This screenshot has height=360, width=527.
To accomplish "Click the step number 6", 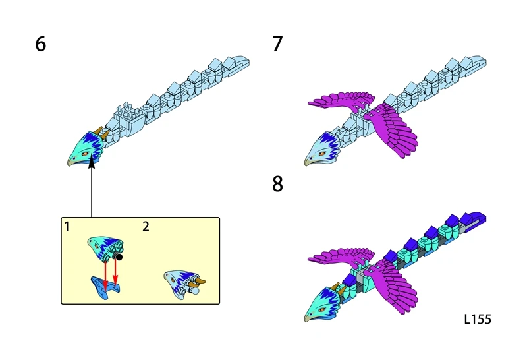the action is tap(41, 45).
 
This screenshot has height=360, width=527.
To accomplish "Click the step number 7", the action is tap(277, 45).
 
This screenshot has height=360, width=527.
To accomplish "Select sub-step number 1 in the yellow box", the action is tap(67, 226).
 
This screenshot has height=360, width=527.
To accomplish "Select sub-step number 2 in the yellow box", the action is tap(146, 226).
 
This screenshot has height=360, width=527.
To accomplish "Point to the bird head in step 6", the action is tap(85, 149).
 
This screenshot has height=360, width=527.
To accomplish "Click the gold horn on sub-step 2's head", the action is tap(201, 281).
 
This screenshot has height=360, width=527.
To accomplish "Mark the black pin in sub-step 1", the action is tap(120, 257).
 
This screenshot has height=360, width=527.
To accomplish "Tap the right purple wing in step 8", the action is tap(395, 277).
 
